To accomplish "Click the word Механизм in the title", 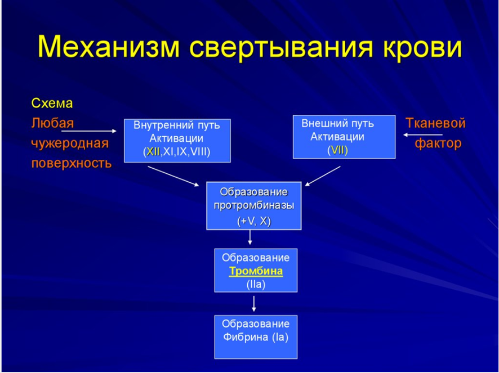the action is (x=109, y=47).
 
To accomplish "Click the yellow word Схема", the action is (x=52, y=104).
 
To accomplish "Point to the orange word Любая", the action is (x=52, y=123).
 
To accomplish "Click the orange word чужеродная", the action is (x=70, y=143).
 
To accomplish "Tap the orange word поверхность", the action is (x=72, y=164).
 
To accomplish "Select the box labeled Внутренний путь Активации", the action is (x=177, y=141).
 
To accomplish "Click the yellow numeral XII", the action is (x=153, y=152).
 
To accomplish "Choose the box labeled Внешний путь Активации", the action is (x=344, y=137).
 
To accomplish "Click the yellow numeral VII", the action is (x=338, y=150).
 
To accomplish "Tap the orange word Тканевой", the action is (x=435, y=123).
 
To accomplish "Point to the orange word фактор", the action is (x=438, y=143).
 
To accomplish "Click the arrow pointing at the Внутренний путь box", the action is (x=89, y=131).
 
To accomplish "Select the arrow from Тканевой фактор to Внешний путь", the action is (x=422, y=135).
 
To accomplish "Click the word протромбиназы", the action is (x=253, y=206).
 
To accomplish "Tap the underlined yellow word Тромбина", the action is (x=256, y=271).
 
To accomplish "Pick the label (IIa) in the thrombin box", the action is (x=256, y=284).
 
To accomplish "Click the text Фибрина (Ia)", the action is (x=256, y=337).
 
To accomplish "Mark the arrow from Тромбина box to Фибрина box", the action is (x=253, y=304).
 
